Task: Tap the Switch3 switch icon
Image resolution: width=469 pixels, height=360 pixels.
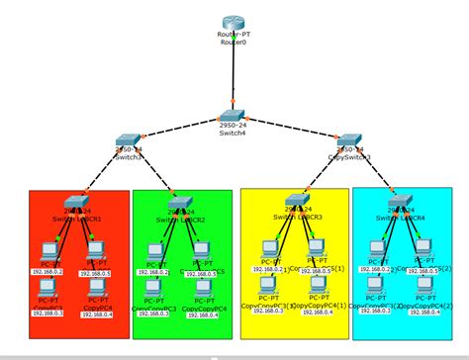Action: [x=128, y=141]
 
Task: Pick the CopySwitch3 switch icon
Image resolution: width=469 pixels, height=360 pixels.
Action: [x=352, y=141]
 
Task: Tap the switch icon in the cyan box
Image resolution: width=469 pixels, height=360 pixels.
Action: [x=399, y=202]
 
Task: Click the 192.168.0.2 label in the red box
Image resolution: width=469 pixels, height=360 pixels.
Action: [x=46, y=270]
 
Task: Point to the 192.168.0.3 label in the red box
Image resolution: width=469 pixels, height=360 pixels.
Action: [x=46, y=313]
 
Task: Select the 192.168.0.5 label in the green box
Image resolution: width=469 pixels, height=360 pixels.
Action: [x=205, y=271]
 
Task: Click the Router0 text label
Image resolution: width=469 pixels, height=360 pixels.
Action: [x=234, y=45]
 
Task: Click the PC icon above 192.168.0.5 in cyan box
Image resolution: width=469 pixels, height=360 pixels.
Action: [x=424, y=247]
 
